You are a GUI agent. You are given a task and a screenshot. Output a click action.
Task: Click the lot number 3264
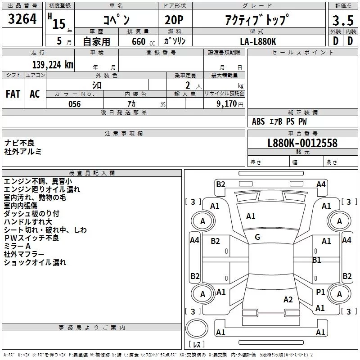22,20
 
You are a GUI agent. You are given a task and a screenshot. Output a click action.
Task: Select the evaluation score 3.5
342,21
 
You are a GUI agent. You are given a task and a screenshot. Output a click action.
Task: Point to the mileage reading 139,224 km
52,65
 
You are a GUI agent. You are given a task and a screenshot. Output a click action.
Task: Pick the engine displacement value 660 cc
138,41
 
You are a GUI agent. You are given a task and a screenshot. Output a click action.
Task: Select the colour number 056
74,104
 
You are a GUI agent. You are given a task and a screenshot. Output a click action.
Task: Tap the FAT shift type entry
13,94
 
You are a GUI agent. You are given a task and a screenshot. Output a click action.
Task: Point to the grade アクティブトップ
256,20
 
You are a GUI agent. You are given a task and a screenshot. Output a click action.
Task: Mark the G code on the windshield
257,237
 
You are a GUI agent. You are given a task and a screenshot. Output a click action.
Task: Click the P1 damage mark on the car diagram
320,292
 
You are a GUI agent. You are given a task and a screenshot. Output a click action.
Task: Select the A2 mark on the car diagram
288,300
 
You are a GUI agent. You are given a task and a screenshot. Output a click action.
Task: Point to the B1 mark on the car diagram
317,260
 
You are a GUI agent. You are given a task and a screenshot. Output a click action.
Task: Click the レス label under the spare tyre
197,344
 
